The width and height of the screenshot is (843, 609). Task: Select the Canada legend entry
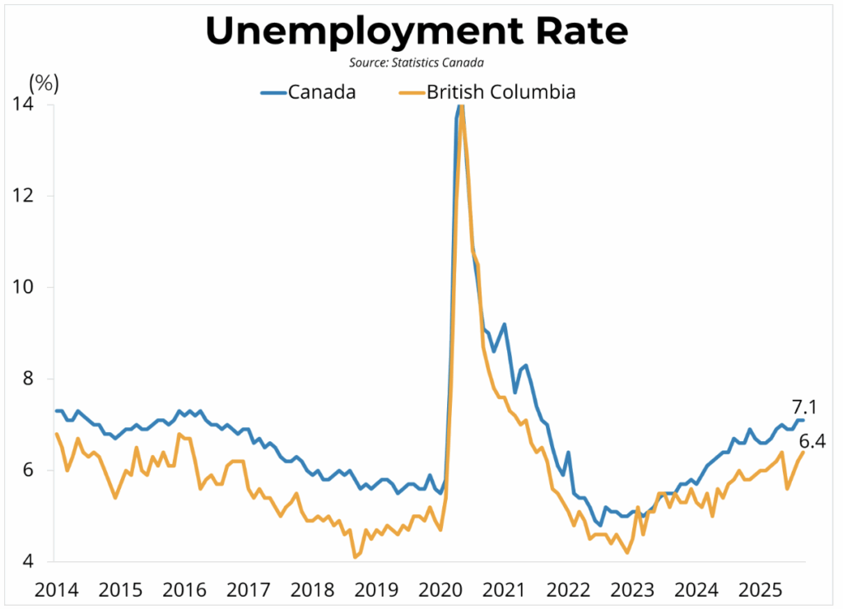point(322,91)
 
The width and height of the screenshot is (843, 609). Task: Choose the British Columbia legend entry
point(501,91)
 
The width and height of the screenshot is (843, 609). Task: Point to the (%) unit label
point(44,83)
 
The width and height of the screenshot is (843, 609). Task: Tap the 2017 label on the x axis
point(249,589)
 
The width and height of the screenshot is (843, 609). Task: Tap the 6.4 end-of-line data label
point(812,443)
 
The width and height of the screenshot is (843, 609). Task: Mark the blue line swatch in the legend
point(272,91)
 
